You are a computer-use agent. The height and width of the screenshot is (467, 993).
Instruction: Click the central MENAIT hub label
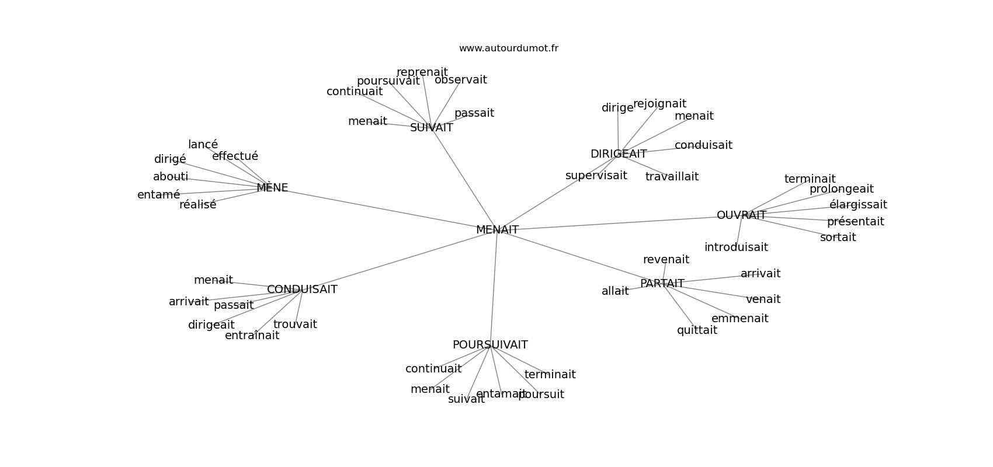point(497,230)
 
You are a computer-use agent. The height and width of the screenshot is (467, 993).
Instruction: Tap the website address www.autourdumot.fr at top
point(508,48)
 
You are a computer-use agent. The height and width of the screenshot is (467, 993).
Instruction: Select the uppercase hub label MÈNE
point(272,188)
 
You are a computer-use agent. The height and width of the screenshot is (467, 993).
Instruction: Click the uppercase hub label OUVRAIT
point(741,215)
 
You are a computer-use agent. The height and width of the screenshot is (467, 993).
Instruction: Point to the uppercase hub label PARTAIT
point(662,284)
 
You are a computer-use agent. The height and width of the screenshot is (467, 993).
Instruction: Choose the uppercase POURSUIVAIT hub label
point(490,345)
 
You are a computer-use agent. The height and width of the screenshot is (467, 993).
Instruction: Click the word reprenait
point(422,72)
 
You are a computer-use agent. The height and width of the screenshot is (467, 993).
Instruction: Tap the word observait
point(460,80)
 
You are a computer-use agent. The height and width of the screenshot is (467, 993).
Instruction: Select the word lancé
point(203,145)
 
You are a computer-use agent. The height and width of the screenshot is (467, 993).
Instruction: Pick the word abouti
point(171,177)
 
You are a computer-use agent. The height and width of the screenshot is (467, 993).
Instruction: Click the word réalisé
point(197,205)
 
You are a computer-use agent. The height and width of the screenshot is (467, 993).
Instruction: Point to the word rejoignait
point(659,104)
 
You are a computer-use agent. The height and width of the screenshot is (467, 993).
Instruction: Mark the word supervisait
point(596,176)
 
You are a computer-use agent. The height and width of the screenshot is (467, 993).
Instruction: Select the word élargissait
point(857,205)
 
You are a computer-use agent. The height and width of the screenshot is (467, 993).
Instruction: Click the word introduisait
point(736,248)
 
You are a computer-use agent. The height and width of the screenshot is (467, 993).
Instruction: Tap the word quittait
point(697,330)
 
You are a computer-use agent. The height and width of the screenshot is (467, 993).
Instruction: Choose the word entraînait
point(252,336)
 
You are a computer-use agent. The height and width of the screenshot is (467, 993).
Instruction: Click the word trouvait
point(295,325)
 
